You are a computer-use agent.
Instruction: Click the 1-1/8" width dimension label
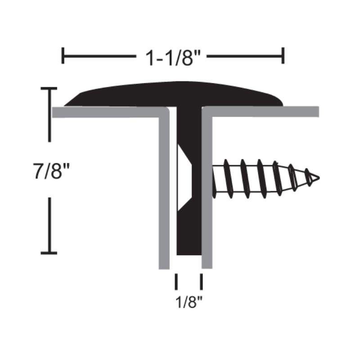pyautogui.click(x=173, y=58)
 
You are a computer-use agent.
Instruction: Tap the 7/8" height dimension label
pyautogui.click(x=51, y=171)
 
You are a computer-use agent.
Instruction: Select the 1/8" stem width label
pyautogui.click(x=189, y=301)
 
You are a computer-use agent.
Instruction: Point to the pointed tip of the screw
pyautogui.click(x=319, y=178)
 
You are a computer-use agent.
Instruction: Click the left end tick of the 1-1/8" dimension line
pyautogui.click(x=63, y=55)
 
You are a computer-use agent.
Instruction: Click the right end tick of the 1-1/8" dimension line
pyautogui.click(x=283, y=55)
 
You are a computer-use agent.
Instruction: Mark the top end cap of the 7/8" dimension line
pyautogui.click(x=49, y=88)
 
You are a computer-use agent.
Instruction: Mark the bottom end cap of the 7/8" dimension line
pyautogui.click(x=49, y=253)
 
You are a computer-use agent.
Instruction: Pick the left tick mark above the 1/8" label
pyautogui.click(x=176, y=282)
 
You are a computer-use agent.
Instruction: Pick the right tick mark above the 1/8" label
pyautogui.click(x=201, y=282)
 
